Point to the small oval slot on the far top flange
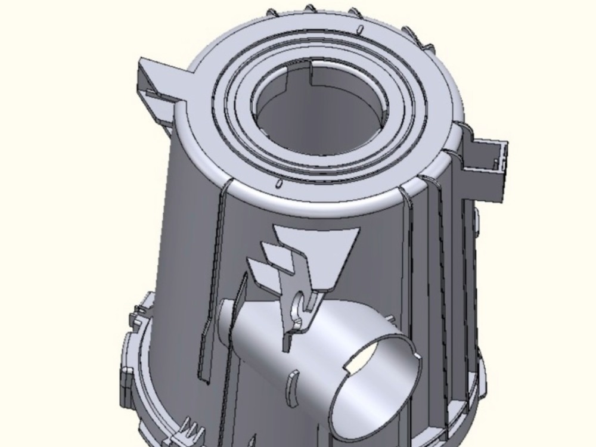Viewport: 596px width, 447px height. (x=360, y=29)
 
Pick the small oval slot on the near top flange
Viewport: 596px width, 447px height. (x=278, y=183)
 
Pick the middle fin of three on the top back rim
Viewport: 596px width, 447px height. (x=310, y=8)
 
